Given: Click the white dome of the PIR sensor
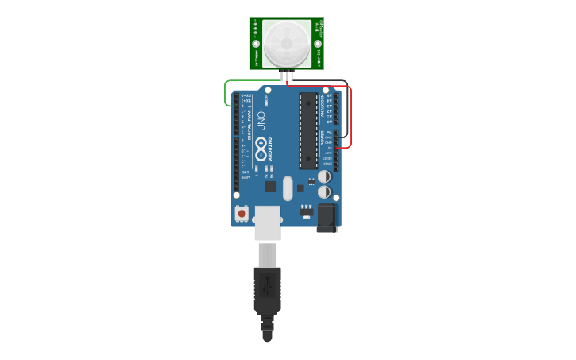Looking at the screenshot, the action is (286, 44).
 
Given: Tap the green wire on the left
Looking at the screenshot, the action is (226, 93).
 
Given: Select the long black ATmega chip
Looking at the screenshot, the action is (308, 130).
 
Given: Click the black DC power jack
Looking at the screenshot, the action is (327, 217).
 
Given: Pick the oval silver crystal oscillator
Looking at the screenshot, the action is (288, 188).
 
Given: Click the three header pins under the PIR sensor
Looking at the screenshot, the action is (287, 75).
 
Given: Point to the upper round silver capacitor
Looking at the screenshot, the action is (324, 176).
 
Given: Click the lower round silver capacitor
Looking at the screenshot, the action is (324, 192).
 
